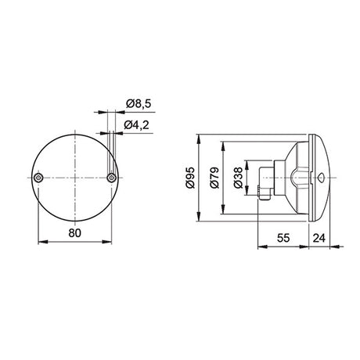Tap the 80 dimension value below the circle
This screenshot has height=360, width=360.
click(75, 232)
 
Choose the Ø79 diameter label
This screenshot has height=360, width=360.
click(212, 178)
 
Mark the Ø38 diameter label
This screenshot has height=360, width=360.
click(237, 178)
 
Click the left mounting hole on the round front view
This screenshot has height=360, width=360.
click(39, 179)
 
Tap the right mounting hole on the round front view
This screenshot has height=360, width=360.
click(112, 179)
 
